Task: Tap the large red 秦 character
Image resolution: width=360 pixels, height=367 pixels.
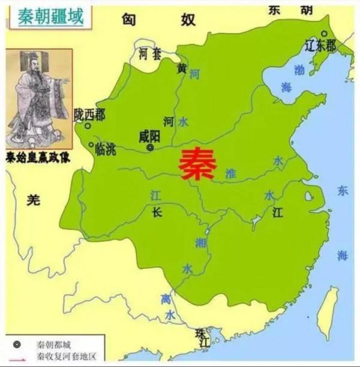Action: pyautogui.click(x=196, y=163)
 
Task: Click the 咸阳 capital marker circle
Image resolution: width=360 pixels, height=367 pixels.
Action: pyautogui.click(x=150, y=147)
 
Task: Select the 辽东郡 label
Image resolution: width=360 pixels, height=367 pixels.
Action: pyautogui.click(x=320, y=46)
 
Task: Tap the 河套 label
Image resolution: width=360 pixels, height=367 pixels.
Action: pyautogui.click(x=150, y=54)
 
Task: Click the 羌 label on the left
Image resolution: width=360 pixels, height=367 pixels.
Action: pyautogui.click(x=33, y=201)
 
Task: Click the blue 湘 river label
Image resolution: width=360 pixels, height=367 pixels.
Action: pyautogui.click(x=199, y=242)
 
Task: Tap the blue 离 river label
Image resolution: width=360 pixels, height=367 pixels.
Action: pyautogui.click(x=166, y=299)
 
